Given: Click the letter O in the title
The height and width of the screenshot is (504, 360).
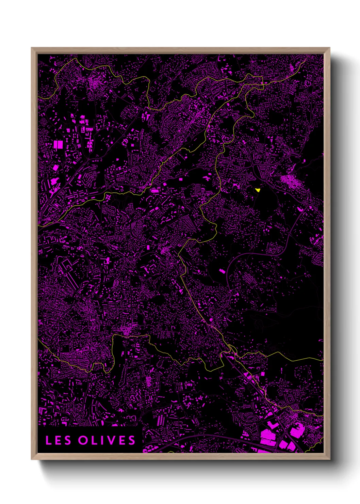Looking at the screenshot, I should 83,440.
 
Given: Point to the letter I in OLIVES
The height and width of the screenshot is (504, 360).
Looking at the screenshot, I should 104,440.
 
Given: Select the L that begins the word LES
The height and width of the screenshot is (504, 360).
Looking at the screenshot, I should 49,440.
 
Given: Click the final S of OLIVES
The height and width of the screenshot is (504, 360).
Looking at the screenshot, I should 132,440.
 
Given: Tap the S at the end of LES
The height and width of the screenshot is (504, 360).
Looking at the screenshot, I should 67,440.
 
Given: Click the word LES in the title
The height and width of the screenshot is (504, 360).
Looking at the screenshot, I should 58,440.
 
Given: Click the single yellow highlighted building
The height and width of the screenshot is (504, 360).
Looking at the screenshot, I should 258,190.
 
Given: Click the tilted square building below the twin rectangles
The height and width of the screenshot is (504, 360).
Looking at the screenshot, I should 55,168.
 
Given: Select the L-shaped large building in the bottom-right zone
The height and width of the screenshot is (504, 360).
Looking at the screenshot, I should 269,436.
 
